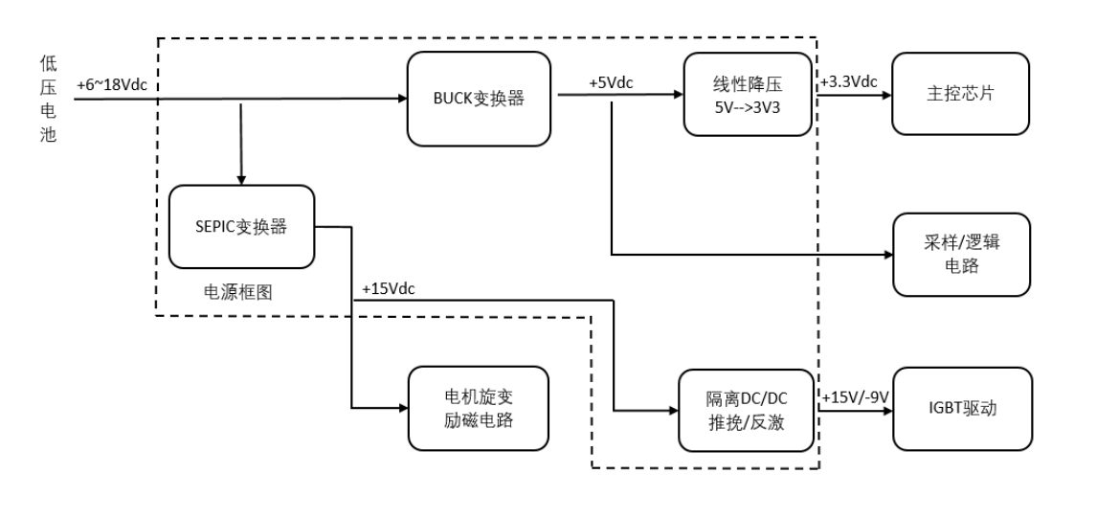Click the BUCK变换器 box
coord(479,98)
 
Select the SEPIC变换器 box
coord(241,227)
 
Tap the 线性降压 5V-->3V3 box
coord(748,95)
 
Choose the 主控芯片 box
coord(960,94)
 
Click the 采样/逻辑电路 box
coord(960,254)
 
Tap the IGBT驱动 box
coord(960,409)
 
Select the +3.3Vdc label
coord(849,82)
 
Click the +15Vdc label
coord(389,288)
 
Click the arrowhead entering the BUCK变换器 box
coord(401,98)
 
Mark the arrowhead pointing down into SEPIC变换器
coord(241,180)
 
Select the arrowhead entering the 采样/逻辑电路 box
coord(886,255)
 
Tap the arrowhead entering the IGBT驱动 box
coord(886,410)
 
